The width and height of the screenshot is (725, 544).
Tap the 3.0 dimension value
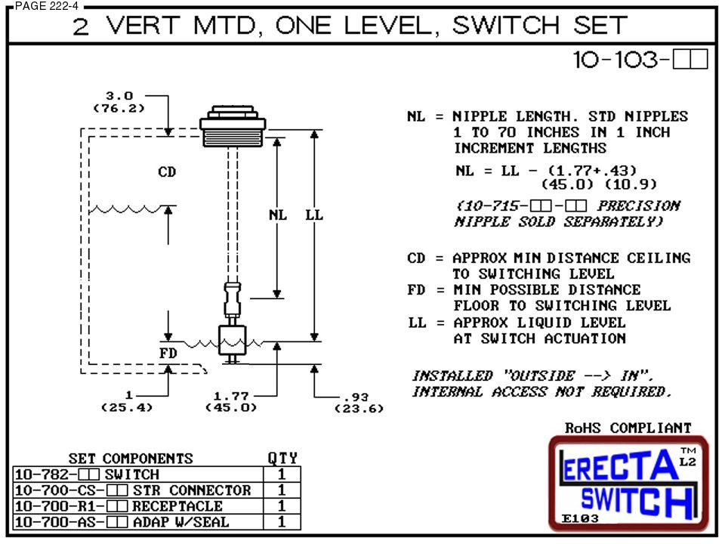pos(119,96)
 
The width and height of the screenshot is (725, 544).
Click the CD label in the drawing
pos(167,172)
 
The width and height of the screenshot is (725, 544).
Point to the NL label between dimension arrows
pos(278,215)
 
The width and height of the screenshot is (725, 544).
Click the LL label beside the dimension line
pos(314,215)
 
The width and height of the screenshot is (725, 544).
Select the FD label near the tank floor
pos(168,353)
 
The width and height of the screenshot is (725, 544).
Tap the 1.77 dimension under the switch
pos(231,395)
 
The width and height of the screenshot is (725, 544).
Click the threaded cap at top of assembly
pos(233,127)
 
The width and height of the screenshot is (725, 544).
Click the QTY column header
pos(282,459)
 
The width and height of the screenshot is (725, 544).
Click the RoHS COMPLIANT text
pos(628,428)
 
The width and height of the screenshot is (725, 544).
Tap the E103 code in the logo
pos(580,518)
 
